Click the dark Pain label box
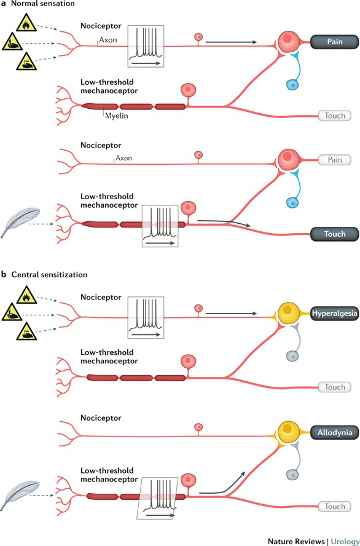(334, 42)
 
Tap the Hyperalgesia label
(334, 314)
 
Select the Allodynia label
(334, 433)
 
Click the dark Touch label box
(334, 234)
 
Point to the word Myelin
(117, 116)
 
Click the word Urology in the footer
(345, 541)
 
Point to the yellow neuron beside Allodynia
(289, 432)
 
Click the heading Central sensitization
(49, 274)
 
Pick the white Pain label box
(335, 160)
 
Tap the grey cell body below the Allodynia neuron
(292, 474)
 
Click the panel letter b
(4, 274)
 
